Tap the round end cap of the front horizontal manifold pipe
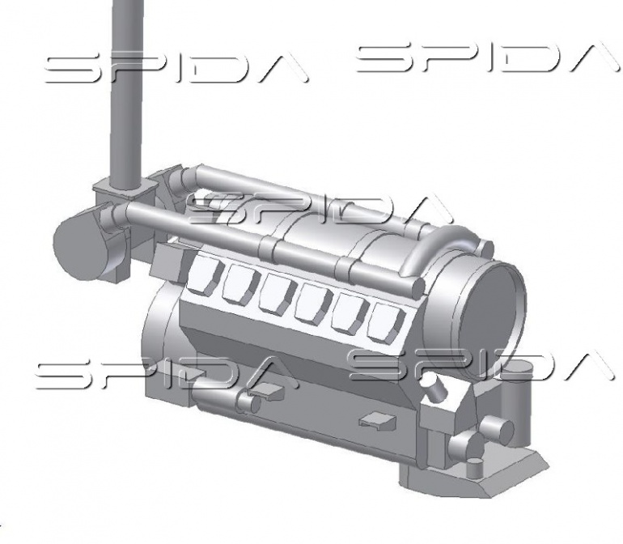coord(416,287)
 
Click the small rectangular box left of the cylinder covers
coord(169,261)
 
